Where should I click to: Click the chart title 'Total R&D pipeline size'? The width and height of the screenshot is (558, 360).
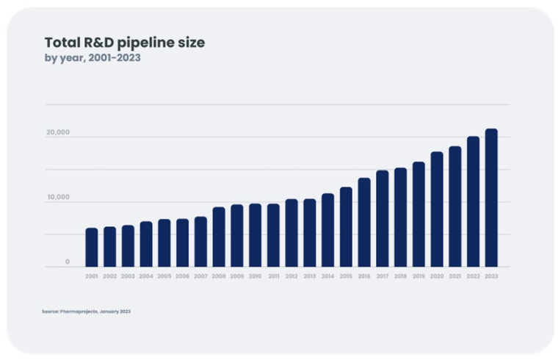125,43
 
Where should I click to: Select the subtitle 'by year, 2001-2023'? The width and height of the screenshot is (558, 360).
93,58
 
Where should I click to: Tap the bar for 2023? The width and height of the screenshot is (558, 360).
491,198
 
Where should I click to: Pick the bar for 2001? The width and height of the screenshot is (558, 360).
92,248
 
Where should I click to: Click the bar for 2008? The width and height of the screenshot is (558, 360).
219,237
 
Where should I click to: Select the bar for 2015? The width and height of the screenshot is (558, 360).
346,227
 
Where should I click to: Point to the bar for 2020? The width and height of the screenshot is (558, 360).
437,209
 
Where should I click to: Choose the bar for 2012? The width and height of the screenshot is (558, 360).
291,233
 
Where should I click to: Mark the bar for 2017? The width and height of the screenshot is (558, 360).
383,219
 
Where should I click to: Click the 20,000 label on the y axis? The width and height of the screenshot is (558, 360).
58,133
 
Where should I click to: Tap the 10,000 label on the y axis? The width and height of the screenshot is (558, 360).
58,197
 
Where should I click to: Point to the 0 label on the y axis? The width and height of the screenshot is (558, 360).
67,262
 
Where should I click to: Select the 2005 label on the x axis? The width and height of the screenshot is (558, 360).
164,276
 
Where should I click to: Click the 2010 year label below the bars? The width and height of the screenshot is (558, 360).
255,276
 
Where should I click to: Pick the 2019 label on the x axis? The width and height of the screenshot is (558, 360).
418,276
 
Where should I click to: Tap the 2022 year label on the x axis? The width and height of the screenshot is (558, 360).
473,276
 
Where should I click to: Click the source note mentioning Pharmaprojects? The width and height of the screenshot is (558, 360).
86,312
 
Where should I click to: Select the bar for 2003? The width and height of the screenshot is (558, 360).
128,246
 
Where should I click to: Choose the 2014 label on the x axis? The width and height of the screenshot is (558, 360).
327,276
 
